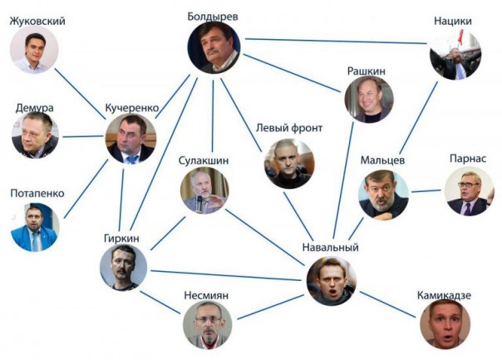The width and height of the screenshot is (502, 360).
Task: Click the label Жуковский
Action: [36, 21]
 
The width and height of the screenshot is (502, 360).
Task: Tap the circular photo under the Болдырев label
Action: [214, 47]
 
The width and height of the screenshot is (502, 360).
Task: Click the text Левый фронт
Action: [288, 128]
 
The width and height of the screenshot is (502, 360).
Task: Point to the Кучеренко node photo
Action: [131, 139]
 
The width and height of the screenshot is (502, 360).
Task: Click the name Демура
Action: [36, 108]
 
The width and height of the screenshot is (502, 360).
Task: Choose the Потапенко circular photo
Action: [35, 228]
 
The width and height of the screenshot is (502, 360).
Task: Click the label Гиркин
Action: [122, 237]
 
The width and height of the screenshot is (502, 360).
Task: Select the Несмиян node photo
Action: [207, 323]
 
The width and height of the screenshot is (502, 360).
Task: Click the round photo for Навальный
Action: [332, 281]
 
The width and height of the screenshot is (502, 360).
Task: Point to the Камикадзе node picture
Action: [445, 323]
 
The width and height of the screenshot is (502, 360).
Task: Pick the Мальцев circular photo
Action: [383, 195]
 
